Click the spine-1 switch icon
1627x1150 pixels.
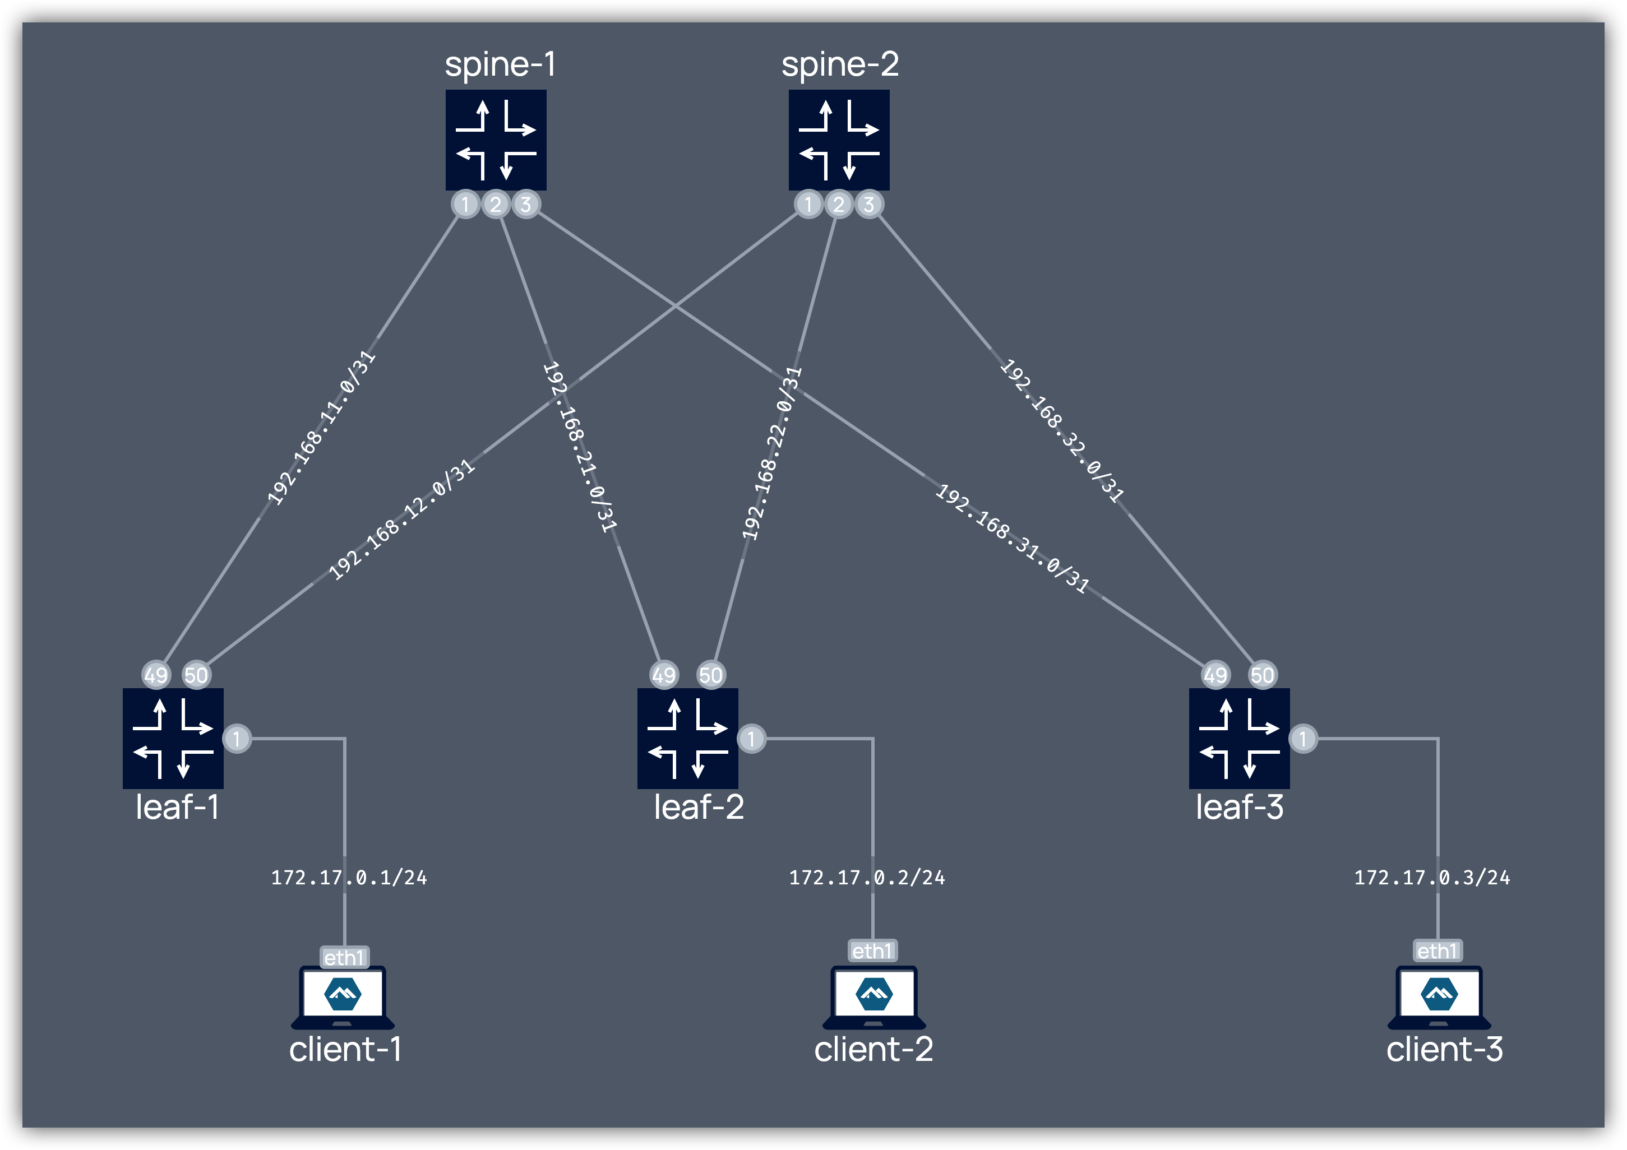(495, 140)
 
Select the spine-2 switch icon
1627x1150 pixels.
(839, 140)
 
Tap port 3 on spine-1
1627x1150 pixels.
(526, 205)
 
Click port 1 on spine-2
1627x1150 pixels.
(808, 205)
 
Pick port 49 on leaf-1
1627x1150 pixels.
(156, 675)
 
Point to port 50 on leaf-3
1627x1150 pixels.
(1262, 675)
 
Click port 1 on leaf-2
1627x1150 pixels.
(751, 739)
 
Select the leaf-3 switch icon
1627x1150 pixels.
(1238, 738)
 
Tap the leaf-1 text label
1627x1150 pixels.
(177, 807)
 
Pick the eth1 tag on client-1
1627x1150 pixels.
(344, 957)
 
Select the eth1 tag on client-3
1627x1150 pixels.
(1437, 951)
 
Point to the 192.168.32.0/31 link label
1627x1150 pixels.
(1061, 431)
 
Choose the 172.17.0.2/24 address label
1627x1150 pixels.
(867, 878)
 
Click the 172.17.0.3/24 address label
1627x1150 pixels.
(1431, 878)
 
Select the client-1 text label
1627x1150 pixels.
(345, 1049)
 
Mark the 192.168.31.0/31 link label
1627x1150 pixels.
(1012, 539)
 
